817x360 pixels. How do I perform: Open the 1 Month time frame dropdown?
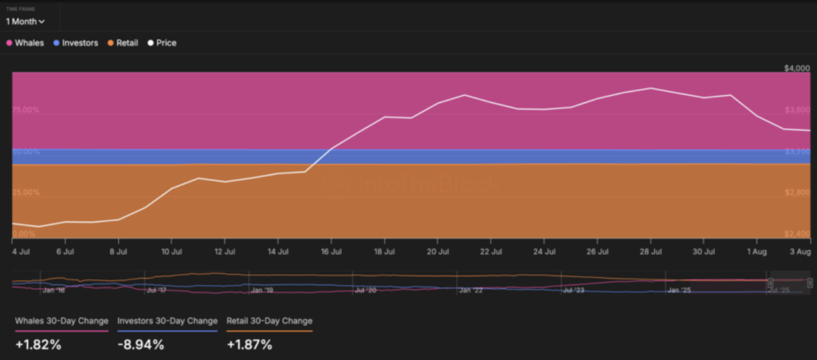25,21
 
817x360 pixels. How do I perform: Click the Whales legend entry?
26,43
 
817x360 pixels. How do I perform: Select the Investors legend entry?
76,43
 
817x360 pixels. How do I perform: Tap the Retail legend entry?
122,43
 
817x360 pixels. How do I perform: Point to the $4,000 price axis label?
797,69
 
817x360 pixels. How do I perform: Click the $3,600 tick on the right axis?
797,110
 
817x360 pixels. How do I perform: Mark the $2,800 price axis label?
797,193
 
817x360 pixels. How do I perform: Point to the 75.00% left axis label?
26,110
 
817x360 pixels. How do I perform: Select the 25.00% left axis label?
26,193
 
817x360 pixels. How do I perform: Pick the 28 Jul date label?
651,251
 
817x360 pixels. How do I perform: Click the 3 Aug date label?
799,251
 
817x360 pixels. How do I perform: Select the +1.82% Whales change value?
38,345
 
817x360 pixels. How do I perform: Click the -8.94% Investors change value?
140,345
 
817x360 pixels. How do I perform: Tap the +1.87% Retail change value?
250,345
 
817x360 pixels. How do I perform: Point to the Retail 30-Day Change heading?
270,321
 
